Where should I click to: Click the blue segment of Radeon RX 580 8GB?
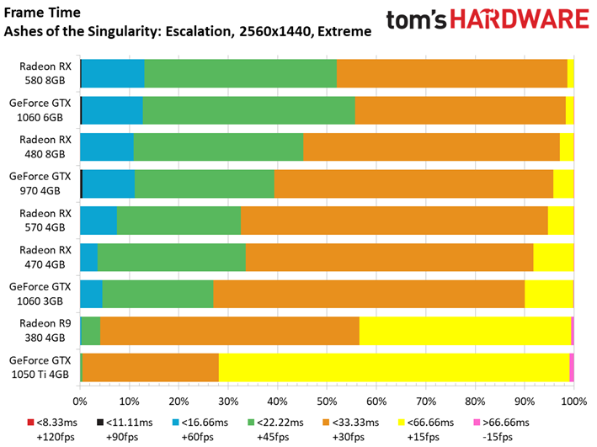click(x=113, y=73)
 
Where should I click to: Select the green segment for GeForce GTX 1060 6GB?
click(x=249, y=110)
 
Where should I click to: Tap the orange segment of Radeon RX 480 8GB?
click(x=431, y=147)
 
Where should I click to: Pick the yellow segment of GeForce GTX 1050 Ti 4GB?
click(x=394, y=367)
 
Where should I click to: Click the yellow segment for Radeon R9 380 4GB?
click(x=466, y=331)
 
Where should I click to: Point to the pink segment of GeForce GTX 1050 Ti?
click(x=572, y=367)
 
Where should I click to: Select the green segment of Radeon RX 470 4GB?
click(x=172, y=258)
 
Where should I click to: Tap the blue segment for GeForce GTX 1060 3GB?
click(x=92, y=294)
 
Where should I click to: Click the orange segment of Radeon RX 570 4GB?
click(x=394, y=221)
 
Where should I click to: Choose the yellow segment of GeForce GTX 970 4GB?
click(x=563, y=184)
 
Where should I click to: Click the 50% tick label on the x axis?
click(x=327, y=402)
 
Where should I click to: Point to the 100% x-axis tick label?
click(x=574, y=402)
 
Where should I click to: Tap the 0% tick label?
click(x=80, y=402)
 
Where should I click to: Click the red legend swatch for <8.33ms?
click(x=31, y=423)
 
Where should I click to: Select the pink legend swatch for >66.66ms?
click(x=477, y=423)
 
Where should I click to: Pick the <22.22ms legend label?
click(x=280, y=423)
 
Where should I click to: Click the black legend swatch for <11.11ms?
click(x=100, y=423)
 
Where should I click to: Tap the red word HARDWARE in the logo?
click(x=520, y=19)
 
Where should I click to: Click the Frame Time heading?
click(x=42, y=13)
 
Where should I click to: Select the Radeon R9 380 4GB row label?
click(x=45, y=331)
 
